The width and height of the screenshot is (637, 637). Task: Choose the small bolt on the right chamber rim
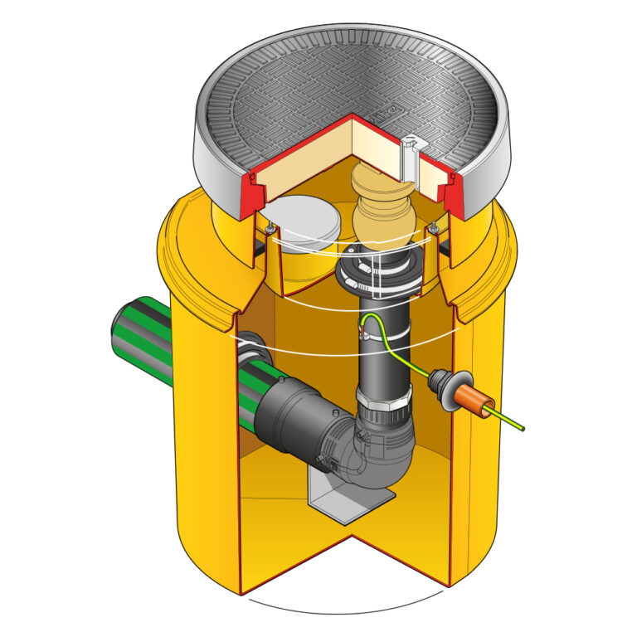[x=433, y=228]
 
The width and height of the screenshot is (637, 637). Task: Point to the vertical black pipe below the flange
[x=384, y=357]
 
